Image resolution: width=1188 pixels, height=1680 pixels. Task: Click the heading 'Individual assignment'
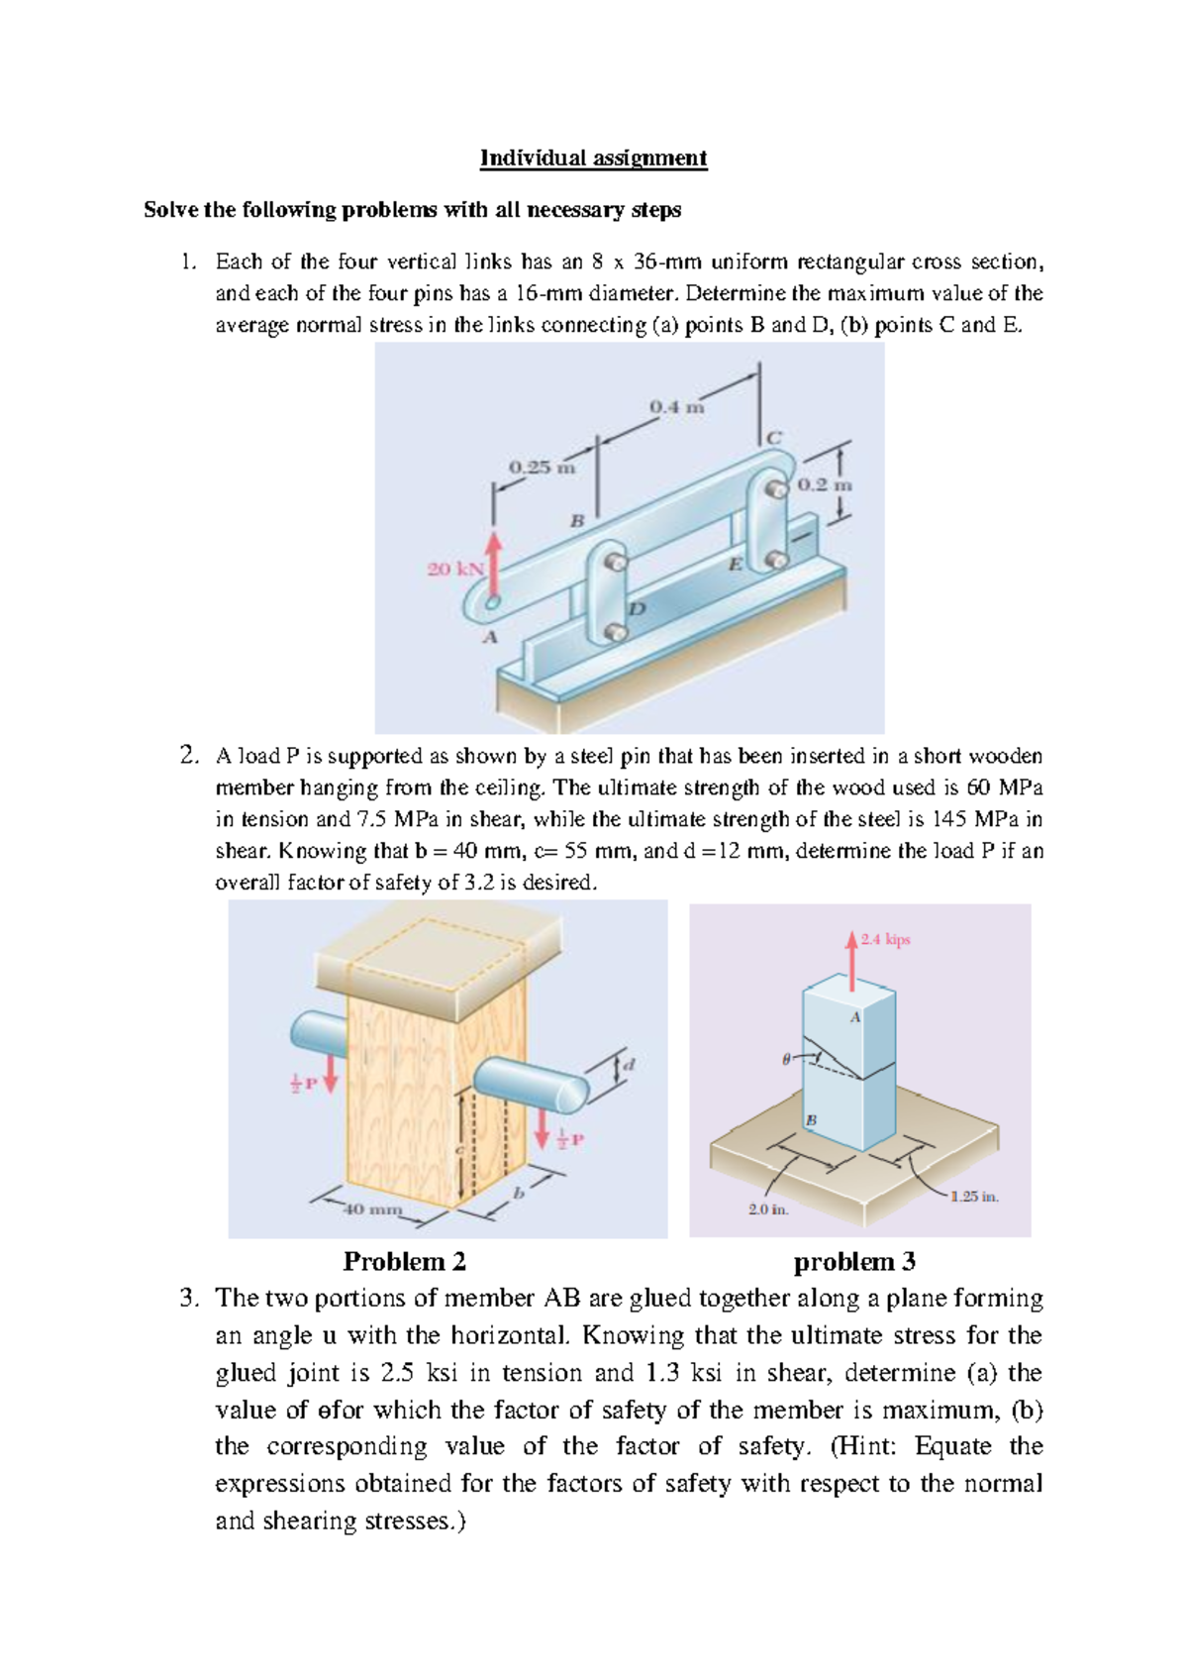pyautogui.click(x=593, y=158)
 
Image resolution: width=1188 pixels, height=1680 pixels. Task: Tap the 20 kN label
pyautogui.click(x=454, y=570)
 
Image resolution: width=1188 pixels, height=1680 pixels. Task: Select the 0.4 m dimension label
pyautogui.click(x=676, y=407)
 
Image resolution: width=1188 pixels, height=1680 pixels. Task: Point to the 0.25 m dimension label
pyautogui.click(x=541, y=467)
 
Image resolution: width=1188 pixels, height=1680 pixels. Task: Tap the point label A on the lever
pyautogui.click(x=489, y=637)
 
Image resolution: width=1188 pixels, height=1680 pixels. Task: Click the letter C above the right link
pyautogui.click(x=774, y=437)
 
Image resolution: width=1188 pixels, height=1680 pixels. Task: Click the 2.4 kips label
pyautogui.click(x=885, y=939)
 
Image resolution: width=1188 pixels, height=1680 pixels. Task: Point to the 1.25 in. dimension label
pyautogui.click(x=974, y=1197)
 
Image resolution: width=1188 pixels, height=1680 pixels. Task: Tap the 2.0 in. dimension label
pyautogui.click(x=768, y=1209)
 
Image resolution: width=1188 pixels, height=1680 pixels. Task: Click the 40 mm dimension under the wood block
pyautogui.click(x=372, y=1209)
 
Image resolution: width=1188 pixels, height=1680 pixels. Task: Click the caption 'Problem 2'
pyautogui.click(x=404, y=1262)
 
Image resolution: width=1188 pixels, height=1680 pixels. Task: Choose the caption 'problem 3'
pyautogui.click(x=853, y=1262)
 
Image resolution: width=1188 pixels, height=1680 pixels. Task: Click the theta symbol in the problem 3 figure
pyautogui.click(x=786, y=1059)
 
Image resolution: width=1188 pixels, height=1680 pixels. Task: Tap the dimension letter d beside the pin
pyautogui.click(x=628, y=1065)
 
